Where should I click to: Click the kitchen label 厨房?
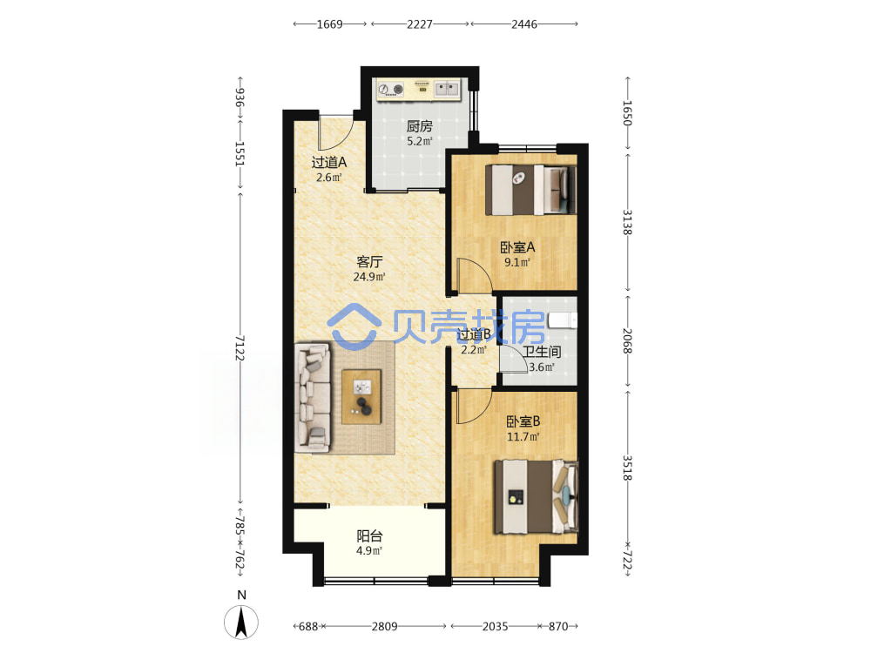[419, 126]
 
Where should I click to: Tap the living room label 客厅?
[369, 261]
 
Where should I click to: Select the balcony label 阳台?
[369, 535]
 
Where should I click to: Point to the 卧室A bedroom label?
[517, 247]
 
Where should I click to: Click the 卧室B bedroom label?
[523, 421]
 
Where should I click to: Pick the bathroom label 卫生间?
[542, 352]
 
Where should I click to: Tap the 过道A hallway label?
[329, 163]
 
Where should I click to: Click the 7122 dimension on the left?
[240, 347]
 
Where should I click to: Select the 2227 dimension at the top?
[420, 24]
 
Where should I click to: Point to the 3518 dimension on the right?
[627, 468]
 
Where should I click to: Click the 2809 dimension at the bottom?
[384, 626]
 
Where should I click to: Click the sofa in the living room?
[312, 396]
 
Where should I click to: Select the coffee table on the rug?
[361, 397]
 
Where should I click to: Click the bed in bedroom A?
[531, 189]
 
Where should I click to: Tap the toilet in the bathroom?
[563, 320]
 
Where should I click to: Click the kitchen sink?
[447, 88]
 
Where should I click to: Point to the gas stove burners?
[390, 90]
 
